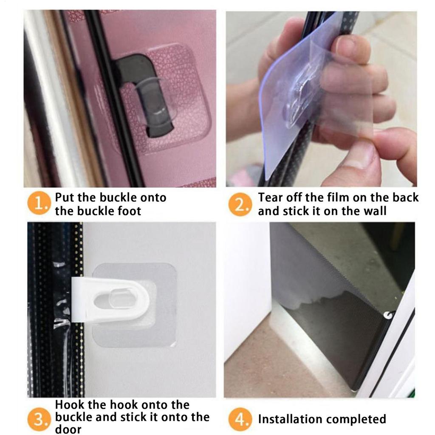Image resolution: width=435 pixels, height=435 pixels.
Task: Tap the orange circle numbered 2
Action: (240, 205)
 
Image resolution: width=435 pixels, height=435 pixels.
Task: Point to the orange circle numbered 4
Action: (240, 420)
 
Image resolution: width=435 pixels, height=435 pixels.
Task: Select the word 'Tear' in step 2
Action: (271, 198)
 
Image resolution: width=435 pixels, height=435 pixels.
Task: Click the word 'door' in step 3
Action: (68, 429)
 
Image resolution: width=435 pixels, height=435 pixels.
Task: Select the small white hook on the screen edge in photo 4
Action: (387, 315)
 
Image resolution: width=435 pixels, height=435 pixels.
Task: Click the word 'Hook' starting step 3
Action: (71, 405)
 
